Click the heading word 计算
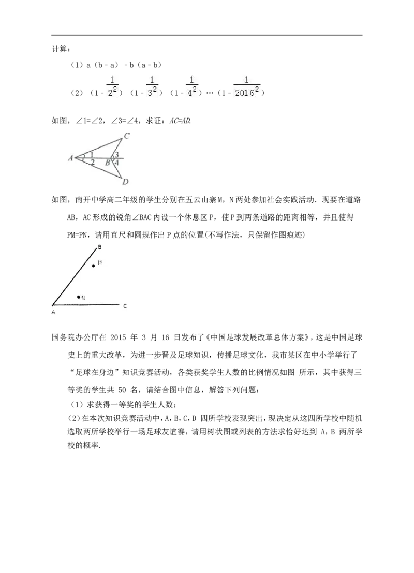coord(58,49)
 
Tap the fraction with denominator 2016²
coord(247,86)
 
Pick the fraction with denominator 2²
coord(112,86)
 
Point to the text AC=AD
coord(180,121)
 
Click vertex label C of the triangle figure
coord(126,136)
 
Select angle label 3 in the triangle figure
coord(116,155)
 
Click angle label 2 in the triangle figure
coord(93,163)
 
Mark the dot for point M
coord(94,266)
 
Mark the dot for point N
coord(78,297)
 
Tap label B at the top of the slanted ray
coord(100,247)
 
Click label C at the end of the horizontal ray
coord(125,306)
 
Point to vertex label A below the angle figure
coord(53,313)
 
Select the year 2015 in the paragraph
coord(117,337)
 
